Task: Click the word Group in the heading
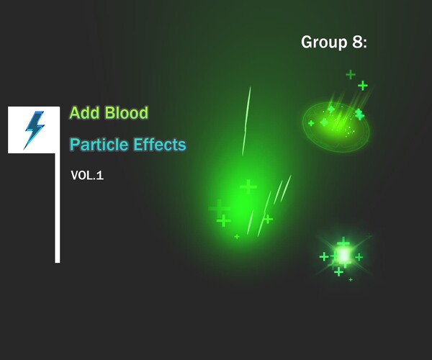click(321, 42)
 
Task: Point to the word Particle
click(99, 145)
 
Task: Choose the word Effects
click(158, 145)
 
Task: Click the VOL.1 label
click(87, 175)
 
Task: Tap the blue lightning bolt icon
click(33, 130)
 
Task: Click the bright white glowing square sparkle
click(343, 255)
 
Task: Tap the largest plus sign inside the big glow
click(248, 186)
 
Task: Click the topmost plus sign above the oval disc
click(351, 74)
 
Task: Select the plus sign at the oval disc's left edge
click(311, 123)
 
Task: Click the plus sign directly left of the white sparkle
click(324, 256)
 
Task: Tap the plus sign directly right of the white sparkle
click(359, 257)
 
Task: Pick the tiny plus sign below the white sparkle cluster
click(351, 279)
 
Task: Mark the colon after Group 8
click(365, 44)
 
